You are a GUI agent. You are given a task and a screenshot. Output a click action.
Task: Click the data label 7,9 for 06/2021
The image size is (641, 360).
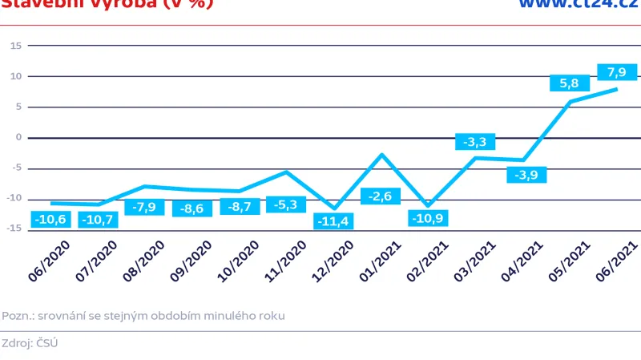tap(616, 73)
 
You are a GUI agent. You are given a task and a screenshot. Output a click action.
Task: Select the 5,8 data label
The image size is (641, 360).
tap(569, 83)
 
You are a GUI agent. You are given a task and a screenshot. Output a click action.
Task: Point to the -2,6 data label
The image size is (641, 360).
tap(381, 196)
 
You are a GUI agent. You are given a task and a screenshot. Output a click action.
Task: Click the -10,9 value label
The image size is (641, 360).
tap(428, 218)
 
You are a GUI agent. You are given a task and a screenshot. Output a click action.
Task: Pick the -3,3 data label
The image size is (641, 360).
tap(475, 143)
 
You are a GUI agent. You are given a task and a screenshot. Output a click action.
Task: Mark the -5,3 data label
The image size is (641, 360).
tap(286, 205)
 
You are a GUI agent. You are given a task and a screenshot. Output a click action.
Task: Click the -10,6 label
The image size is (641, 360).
tap(50, 219)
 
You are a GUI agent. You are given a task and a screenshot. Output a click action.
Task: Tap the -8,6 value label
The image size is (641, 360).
tap(191, 208)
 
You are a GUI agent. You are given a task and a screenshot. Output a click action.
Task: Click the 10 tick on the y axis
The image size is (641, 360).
tap(15, 76)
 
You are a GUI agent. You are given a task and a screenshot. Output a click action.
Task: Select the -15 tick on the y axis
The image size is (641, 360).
tap(14, 229)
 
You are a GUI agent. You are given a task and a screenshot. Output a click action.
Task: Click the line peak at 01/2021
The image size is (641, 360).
tap(381, 154)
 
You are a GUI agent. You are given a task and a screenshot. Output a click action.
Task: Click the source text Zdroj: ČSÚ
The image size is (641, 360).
tap(30, 343)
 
